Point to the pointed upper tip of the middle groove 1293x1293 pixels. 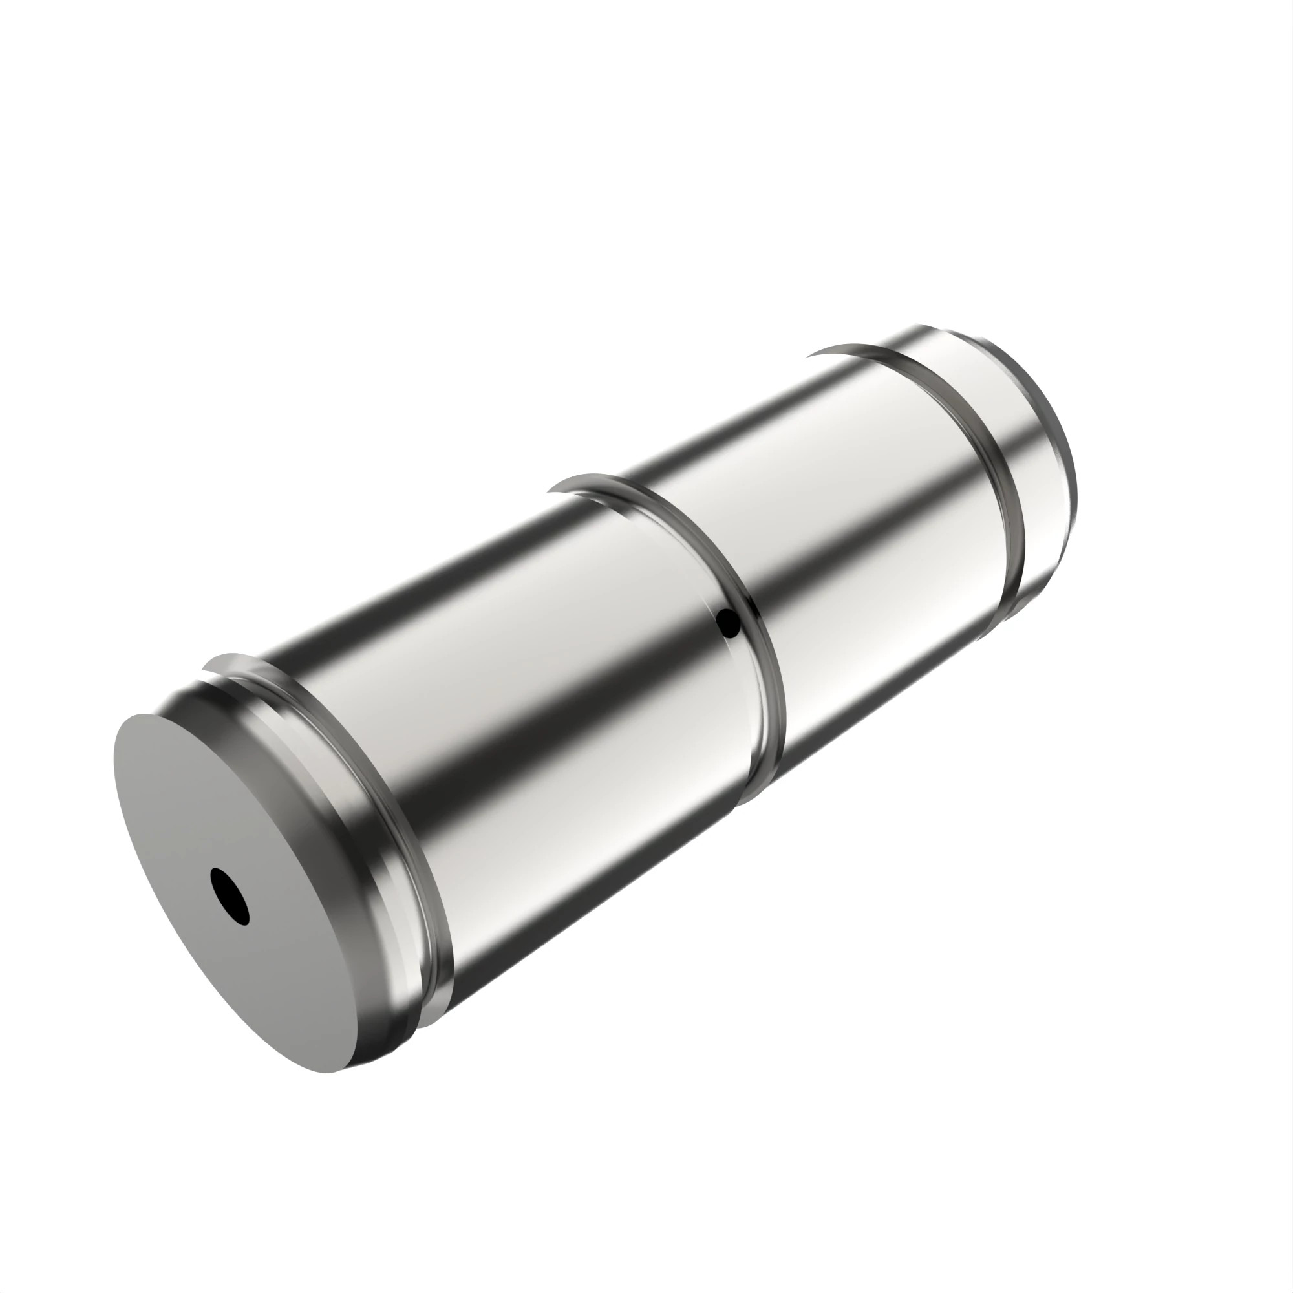coord(550,491)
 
